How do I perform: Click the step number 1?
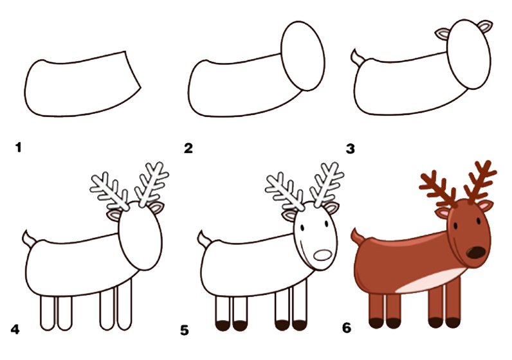coord(18,147)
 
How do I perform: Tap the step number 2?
coord(188,148)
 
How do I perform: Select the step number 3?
coord(351,149)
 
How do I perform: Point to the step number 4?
coord(15,329)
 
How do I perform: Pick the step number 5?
coord(185,330)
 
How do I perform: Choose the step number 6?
coord(347,327)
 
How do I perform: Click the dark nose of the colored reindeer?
coord(476,252)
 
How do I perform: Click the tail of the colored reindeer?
coord(357,237)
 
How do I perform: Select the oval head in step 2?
coord(303,56)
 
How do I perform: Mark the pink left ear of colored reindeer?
coord(443,213)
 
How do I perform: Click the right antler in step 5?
coord(327,184)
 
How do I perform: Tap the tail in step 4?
coord(29,239)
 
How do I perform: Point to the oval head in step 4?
coord(140,236)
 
